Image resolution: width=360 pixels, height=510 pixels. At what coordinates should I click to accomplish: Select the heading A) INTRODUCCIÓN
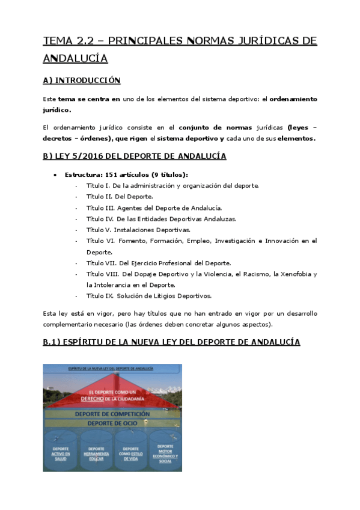pyautogui.click(x=82, y=80)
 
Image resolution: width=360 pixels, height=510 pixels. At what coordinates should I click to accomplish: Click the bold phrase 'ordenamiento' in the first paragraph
pyautogui.click(x=294, y=99)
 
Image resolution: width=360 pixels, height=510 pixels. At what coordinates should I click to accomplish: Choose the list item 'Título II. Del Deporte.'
pyautogui.click(x=120, y=197)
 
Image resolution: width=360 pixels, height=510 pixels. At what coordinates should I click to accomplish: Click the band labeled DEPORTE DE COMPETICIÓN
pyautogui.click(x=112, y=414)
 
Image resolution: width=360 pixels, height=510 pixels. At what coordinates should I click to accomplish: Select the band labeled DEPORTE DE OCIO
pyautogui.click(x=112, y=424)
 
